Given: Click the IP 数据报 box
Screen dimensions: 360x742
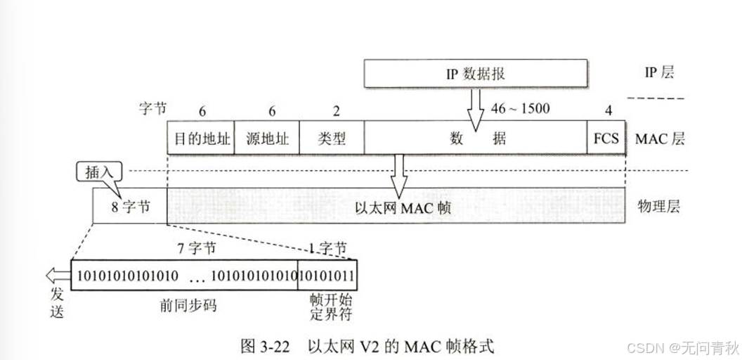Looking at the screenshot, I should [475, 73].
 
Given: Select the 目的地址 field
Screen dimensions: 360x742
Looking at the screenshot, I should [200, 138].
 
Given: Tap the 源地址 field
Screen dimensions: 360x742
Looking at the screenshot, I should [266, 138].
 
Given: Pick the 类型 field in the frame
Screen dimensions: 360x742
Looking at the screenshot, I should [332, 138].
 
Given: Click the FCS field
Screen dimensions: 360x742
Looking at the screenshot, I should [606, 138].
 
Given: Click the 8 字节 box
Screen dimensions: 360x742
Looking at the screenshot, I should [130, 206].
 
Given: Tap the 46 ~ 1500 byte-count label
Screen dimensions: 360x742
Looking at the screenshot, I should [521, 109].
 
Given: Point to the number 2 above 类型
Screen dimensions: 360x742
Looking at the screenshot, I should [336, 110].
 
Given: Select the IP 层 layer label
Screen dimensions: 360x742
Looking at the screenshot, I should [658, 72].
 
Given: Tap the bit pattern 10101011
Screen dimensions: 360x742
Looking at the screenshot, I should [327, 274].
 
